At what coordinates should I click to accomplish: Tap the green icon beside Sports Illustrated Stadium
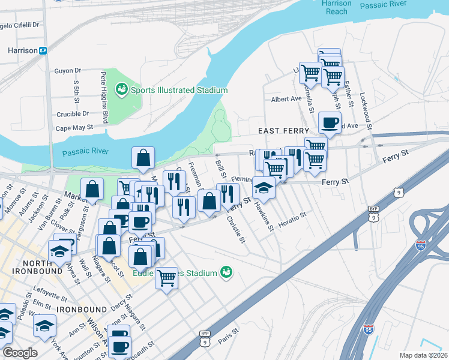click(x=122, y=90)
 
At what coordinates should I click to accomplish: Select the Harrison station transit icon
click(x=43, y=51)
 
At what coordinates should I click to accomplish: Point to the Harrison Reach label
click(x=336, y=7)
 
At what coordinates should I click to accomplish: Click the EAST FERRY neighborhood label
click(x=283, y=131)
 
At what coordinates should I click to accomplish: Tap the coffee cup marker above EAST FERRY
click(x=329, y=123)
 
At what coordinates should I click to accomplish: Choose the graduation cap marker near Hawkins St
click(x=264, y=188)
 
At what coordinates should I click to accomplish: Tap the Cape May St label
click(x=74, y=128)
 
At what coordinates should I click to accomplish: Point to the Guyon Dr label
click(x=67, y=71)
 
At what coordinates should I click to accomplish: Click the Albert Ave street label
click(x=286, y=99)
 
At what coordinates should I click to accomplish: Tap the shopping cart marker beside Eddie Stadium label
click(x=166, y=277)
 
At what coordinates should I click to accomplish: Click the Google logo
click(x=20, y=353)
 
